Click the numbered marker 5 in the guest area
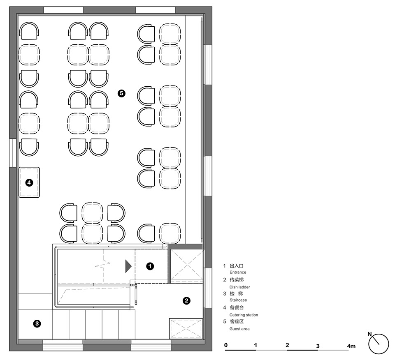pyautogui.click(x=121, y=94)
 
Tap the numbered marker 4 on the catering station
pyautogui.click(x=29, y=182)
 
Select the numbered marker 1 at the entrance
pyautogui.click(x=150, y=266)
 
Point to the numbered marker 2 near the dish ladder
pyautogui.click(x=186, y=301)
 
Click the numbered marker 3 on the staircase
pyautogui.click(x=37, y=323)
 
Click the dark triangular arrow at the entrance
pyautogui.click(x=128, y=266)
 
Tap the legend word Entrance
pyautogui.click(x=238, y=272)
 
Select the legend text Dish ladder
pyautogui.click(x=239, y=287)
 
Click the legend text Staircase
pyautogui.click(x=238, y=300)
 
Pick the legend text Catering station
pyautogui.click(x=244, y=315)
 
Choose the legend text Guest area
pyautogui.click(x=239, y=329)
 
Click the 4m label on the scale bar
pyautogui.click(x=351, y=346)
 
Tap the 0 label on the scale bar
pyautogui.click(x=226, y=345)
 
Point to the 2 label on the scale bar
pyautogui.click(x=287, y=345)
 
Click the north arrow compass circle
pyautogui.click(x=379, y=344)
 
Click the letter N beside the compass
pyautogui.click(x=369, y=334)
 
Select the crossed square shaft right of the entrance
pyautogui.click(x=187, y=265)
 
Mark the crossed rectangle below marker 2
pyautogui.click(x=186, y=328)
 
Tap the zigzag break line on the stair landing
pyautogui.click(x=103, y=265)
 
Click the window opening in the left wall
pyautogui.click(x=13, y=153)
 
